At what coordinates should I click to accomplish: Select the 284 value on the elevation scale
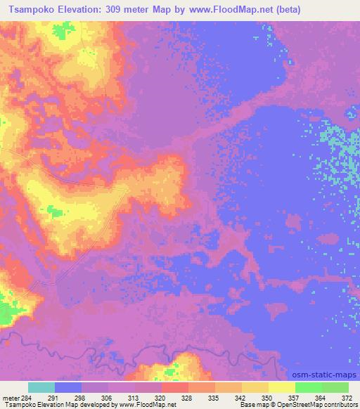click(27, 397)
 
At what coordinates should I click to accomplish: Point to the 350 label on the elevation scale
click(268, 397)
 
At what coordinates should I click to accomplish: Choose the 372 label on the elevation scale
click(348, 397)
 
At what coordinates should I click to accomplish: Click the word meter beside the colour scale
click(11, 397)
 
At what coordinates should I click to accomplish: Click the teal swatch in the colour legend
click(41, 387)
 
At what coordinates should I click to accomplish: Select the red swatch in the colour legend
click(175, 387)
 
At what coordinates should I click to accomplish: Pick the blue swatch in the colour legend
click(68, 387)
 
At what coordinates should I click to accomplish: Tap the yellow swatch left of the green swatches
click(282, 387)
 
